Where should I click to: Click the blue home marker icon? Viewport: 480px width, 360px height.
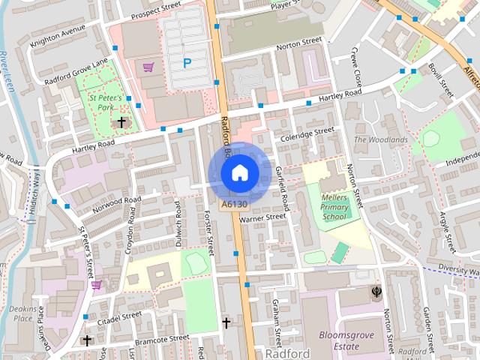click(239, 173)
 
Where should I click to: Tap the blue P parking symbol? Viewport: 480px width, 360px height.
click(187, 64)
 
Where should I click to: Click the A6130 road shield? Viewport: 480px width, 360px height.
click(233, 204)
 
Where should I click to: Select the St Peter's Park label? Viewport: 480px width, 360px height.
click(105, 101)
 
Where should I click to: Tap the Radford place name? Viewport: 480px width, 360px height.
click(287, 352)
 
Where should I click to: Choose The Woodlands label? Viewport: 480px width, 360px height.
click(381, 139)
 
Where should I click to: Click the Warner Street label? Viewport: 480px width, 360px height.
click(263, 217)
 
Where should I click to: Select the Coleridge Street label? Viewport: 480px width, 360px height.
click(307, 133)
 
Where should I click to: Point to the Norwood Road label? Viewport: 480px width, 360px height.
click(113, 205)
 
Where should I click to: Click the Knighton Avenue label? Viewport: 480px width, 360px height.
click(58, 39)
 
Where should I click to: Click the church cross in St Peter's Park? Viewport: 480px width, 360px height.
click(121, 121)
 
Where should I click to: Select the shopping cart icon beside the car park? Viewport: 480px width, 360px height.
click(148, 67)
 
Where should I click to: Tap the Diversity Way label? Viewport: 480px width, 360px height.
click(459, 268)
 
